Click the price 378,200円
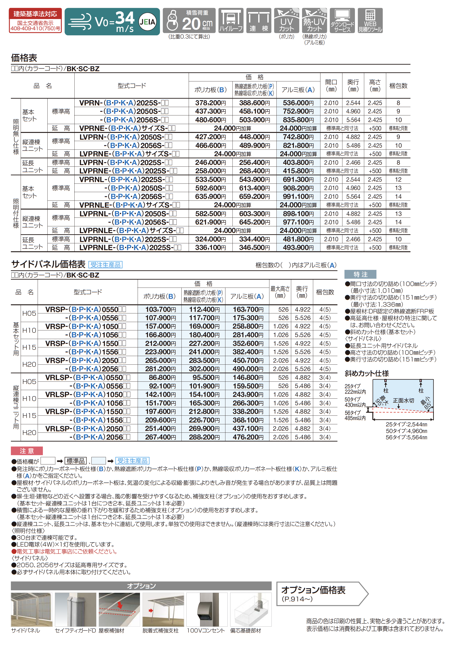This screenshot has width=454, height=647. coord(210,103)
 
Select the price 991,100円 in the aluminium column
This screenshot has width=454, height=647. coord(298,196)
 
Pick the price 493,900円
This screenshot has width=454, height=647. coord(298,247)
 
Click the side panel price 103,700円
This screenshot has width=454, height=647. coord(160,309)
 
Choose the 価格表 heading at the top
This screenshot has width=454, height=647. coord(24,58)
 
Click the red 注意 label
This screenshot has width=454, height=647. coord(27,451)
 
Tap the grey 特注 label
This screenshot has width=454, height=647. coord(360,274)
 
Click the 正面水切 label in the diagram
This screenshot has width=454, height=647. coord(403,400)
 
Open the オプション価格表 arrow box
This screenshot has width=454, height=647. coord(321,593)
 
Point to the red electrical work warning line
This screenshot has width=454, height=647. coord(64,551)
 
